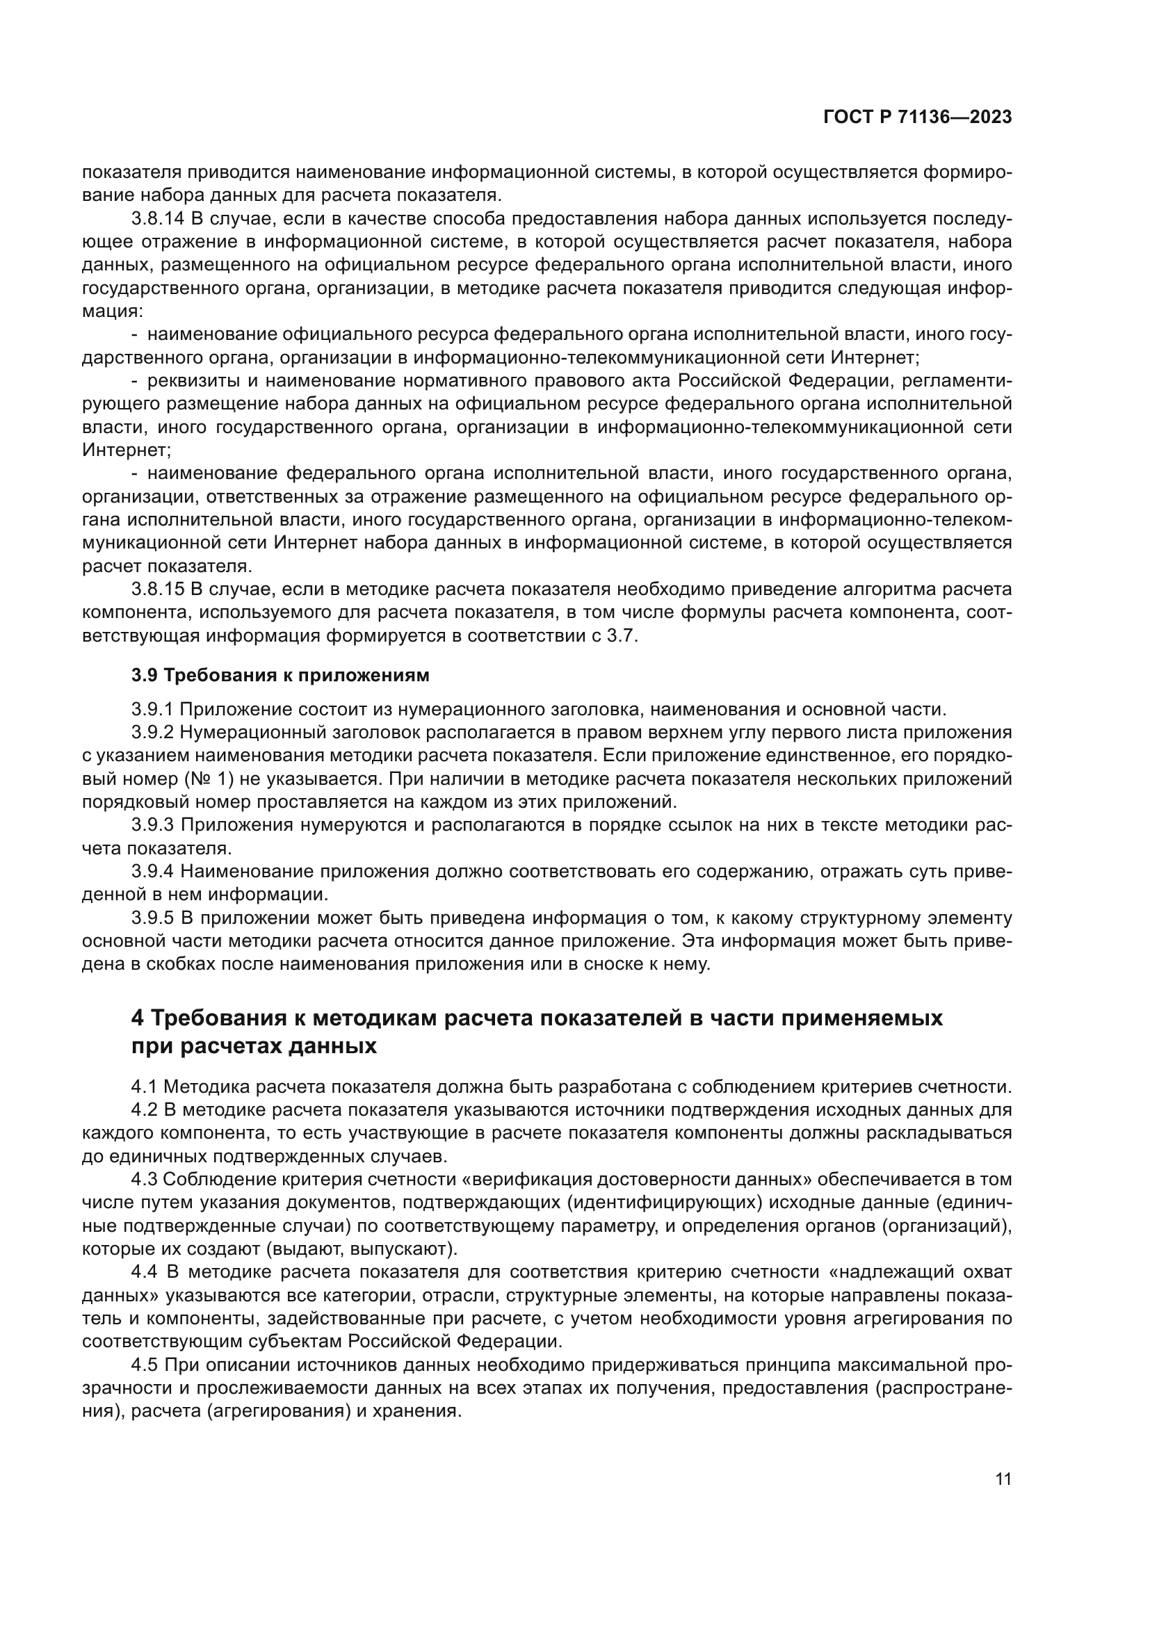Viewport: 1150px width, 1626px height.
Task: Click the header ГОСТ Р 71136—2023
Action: click(917, 117)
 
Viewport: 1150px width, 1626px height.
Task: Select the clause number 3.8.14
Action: click(157, 219)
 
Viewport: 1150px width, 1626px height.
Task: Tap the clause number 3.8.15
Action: click(157, 590)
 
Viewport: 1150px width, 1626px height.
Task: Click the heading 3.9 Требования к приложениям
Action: click(280, 675)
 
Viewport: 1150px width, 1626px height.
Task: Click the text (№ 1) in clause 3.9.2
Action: click(209, 779)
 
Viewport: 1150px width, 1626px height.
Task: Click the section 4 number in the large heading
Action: click(138, 1018)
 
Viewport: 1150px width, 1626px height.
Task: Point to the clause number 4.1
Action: click(145, 1087)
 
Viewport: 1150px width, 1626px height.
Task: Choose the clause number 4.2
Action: click(145, 1109)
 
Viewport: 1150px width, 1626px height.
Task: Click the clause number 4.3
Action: click(145, 1179)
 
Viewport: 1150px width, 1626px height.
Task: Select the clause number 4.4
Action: click(145, 1272)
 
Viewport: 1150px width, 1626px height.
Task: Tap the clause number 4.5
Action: click(145, 1365)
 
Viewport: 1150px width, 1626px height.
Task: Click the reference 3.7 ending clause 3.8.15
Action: click(622, 636)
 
